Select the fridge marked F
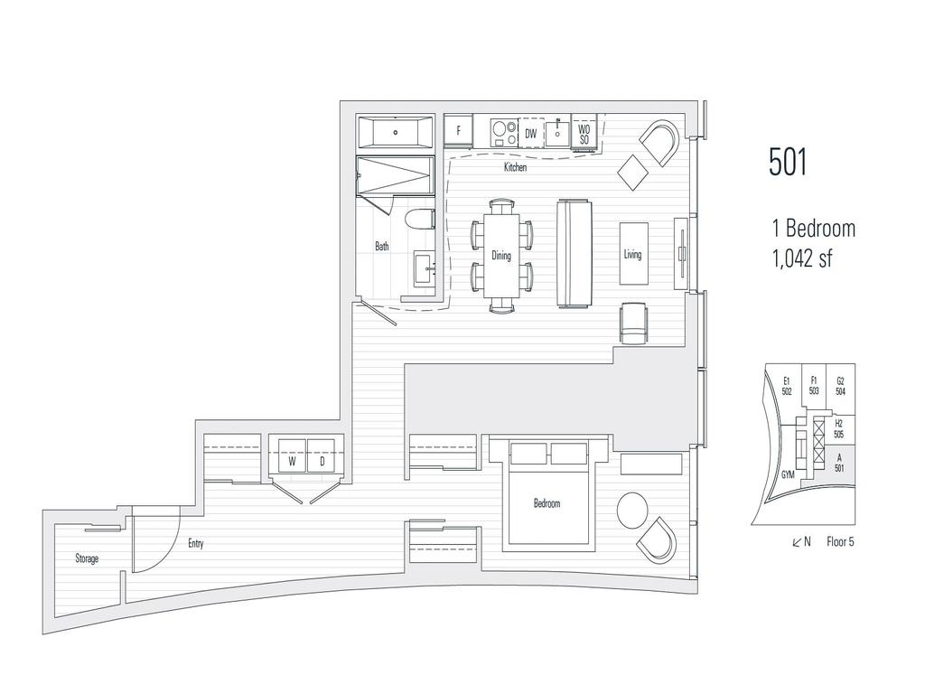[458, 131]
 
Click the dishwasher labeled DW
[531, 134]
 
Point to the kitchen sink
[557, 133]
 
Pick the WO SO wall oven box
[584, 134]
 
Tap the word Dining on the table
[501, 256]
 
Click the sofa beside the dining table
[574, 253]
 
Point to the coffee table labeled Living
[633, 254]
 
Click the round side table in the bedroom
[631, 510]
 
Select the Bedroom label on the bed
[547, 503]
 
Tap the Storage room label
[87, 558]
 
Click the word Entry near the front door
[196, 543]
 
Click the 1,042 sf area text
[802, 258]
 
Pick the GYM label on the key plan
[788, 474]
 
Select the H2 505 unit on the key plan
[839, 429]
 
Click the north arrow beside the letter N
[797, 542]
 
